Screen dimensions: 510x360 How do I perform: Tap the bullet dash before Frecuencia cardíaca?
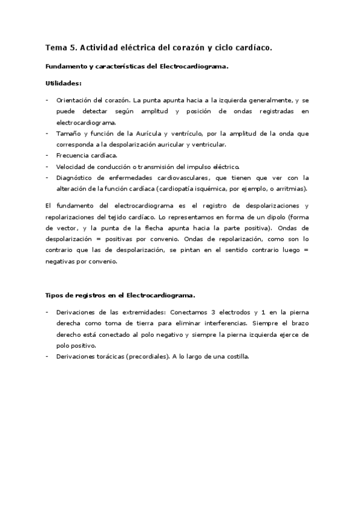point(47,155)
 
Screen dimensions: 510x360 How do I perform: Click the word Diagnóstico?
point(76,177)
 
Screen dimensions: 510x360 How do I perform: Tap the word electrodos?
point(234,313)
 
